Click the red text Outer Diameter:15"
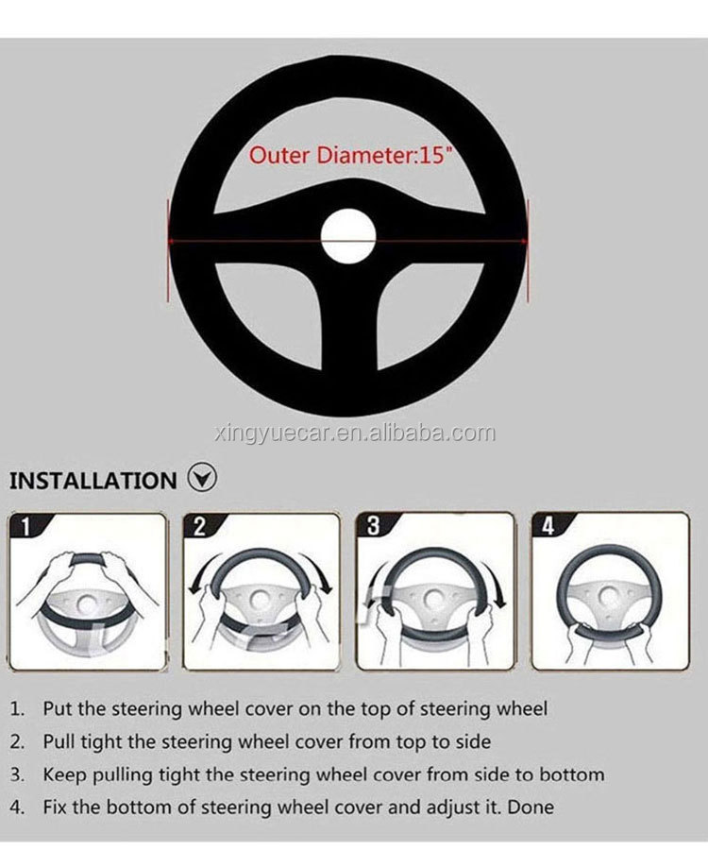[348, 155]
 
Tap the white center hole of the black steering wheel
[348, 236]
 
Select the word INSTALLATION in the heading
[93, 480]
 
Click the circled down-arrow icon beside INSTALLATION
[202, 478]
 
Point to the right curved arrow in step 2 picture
[324, 576]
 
